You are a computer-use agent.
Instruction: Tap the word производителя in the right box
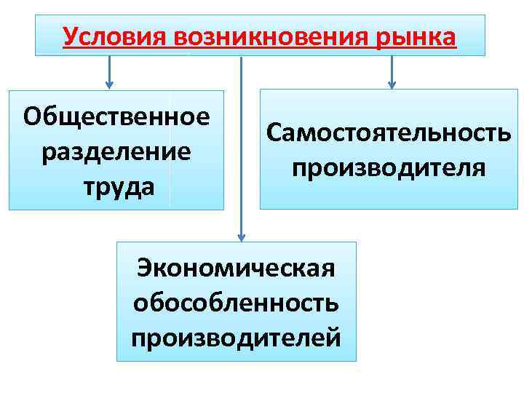[x=389, y=167]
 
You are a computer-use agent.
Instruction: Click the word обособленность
[x=236, y=302]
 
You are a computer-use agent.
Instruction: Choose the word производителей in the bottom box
[x=236, y=337]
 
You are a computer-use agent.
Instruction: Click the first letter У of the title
[x=70, y=36]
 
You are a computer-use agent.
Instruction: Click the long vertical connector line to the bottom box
[x=242, y=146]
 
